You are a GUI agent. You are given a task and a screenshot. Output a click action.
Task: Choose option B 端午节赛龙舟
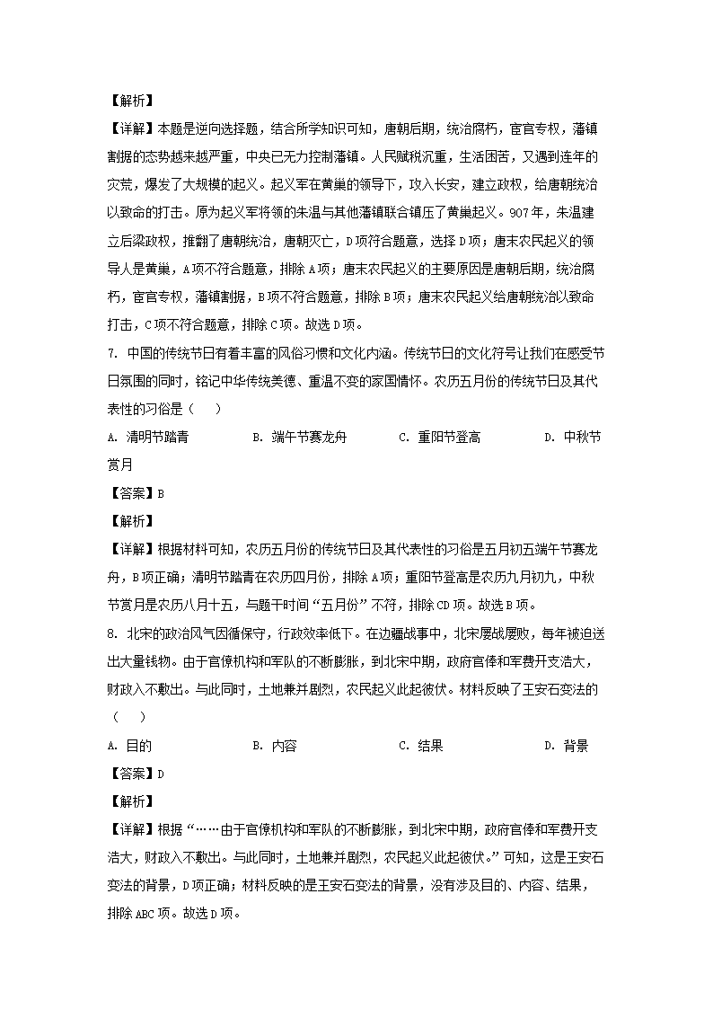(x=300, y=438)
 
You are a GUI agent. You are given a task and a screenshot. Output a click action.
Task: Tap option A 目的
(x=129, y=746)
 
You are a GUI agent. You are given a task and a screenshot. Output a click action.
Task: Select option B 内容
(x=275, y=746)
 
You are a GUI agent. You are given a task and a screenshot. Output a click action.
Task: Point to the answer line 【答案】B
(x=135, y=492)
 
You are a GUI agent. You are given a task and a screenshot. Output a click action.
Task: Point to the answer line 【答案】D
(x=135, y=774)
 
